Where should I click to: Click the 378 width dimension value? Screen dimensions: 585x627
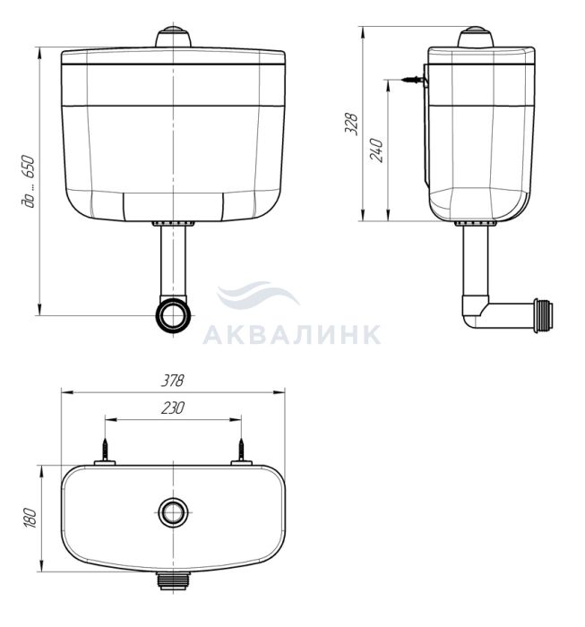(x=172, y=381)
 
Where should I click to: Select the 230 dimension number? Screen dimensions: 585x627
(x=173, y=408)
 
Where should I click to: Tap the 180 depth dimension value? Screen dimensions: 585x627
(x=30, y=519)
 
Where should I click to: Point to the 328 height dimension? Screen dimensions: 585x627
(x=351, y=124)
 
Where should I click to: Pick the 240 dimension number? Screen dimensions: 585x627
(x=376, y=150)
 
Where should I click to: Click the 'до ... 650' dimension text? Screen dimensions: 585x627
(x=28, y=181)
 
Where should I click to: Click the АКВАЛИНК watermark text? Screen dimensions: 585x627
(x=292, y=335)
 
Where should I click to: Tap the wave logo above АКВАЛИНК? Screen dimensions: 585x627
(x=257, y=295)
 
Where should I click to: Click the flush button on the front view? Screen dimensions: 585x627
(x=173, y=37)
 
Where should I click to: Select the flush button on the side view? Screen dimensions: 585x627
(x=476, y=37)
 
